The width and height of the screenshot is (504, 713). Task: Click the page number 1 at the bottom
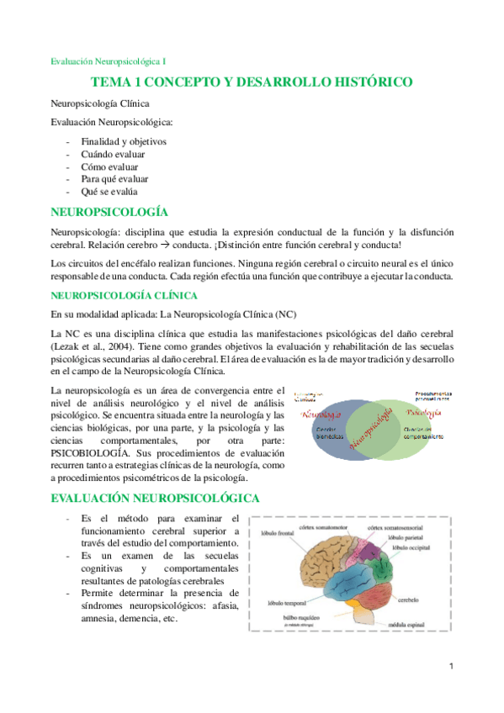coord(452,667)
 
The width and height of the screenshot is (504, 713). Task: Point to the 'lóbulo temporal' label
coord(286,603)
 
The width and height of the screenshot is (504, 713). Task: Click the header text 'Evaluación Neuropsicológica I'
coord(109,61)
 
